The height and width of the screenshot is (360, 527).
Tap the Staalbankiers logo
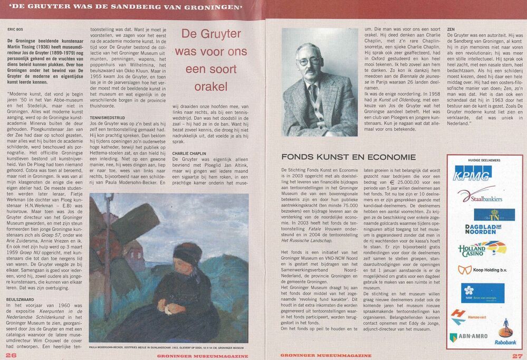(480, 196)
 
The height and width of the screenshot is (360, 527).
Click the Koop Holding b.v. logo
(481, 270)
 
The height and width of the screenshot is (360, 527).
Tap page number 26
(11, 355)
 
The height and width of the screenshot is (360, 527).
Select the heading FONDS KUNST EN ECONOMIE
(349, 157)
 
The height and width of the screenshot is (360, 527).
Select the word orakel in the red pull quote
(210, 86)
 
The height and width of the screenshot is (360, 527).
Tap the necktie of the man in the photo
(313, 94)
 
